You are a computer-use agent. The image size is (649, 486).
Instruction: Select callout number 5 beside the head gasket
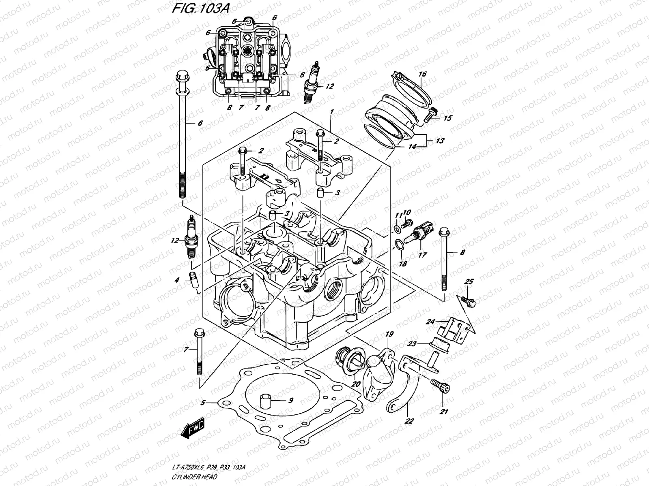click(x=204, y=403)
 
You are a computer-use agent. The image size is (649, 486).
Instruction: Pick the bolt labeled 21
click(x=442, y=388)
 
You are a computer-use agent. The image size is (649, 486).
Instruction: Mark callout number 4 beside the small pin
click(x=177, y=279)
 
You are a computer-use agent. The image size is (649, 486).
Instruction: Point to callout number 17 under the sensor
click(x=422, y=256)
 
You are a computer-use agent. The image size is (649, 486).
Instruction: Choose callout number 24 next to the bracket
click(x=430, y=322)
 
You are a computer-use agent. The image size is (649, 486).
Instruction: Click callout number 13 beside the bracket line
click(x=440, y=141)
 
